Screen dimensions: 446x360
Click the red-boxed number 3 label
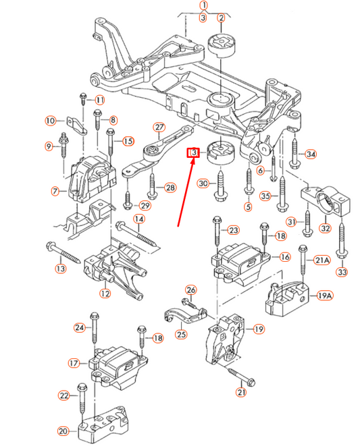pyautogui.click(x=193, y=153)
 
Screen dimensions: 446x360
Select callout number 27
pyautogui.click(x=159, y=127)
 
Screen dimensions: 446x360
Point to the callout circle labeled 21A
pyautogui.click(x=322, y=260)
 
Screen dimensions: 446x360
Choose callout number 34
pyautogui.click(x=311, y=154)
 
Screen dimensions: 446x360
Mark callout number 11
pyautogui.click(x=99, y=100)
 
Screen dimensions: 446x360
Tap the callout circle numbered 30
pyautogui.click(x=203, y=184)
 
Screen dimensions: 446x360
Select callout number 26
pyautogui.click(x=190, y=290)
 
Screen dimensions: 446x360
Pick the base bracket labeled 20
pyautogui.click(x=105, y=424)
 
